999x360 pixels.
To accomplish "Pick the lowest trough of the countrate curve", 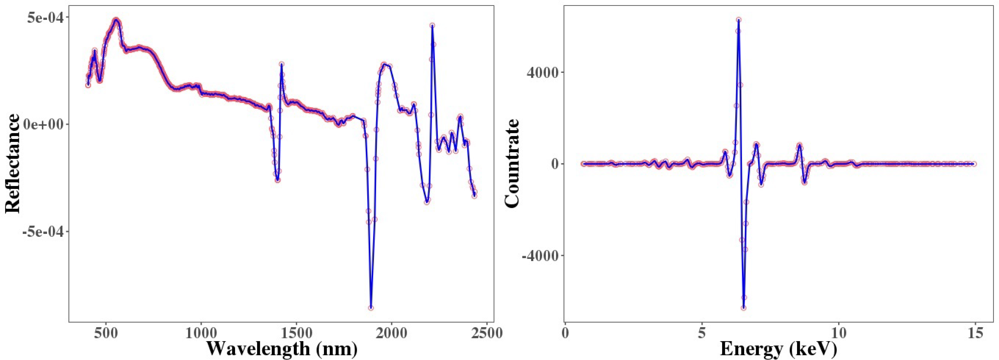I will (743, 308).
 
